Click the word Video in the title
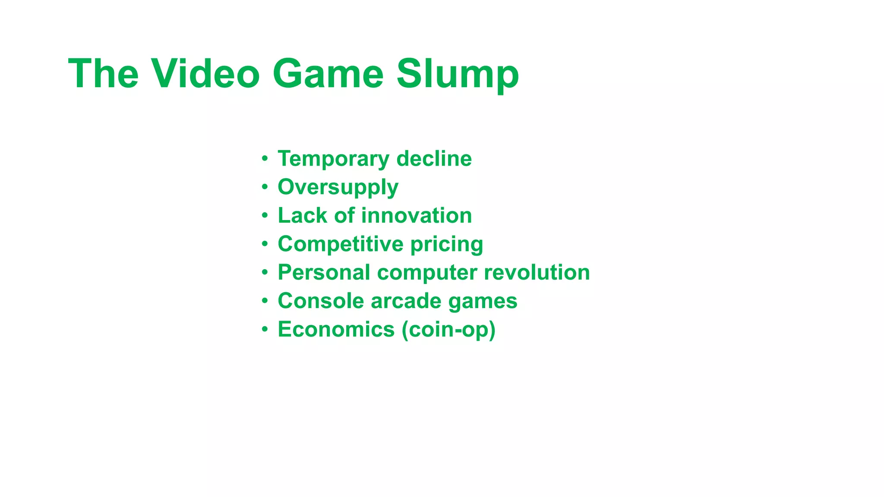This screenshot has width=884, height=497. [x=205, y=74]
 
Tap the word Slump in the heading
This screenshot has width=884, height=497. [x=458, y=74]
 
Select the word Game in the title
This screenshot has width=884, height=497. [x=328, y=74]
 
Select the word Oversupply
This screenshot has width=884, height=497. [x=338, y=188]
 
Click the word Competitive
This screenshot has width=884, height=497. [x=340, y=244]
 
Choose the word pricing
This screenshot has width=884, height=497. [x=447, y=245]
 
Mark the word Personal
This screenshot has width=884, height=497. [x=324, y=272]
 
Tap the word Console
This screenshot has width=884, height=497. [x=321, y=301]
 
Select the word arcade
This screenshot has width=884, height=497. [x=406, y=301]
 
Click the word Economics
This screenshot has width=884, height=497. [x=336, y=329]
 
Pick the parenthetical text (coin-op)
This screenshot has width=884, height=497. [x=448, y=330]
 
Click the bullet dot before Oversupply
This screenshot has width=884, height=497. [x=265, y=187]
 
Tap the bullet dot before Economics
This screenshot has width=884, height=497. [x=265, y=330]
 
